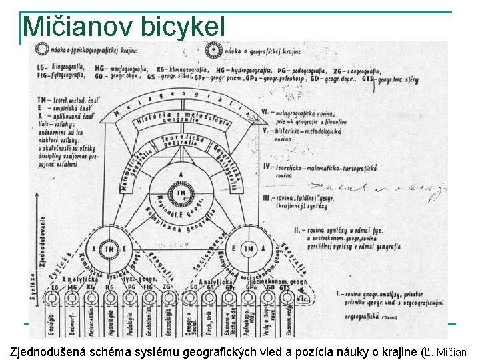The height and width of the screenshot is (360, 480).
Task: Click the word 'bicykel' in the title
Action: (183, 27)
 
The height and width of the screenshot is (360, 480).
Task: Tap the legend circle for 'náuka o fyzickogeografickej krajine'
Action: (41, 49)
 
